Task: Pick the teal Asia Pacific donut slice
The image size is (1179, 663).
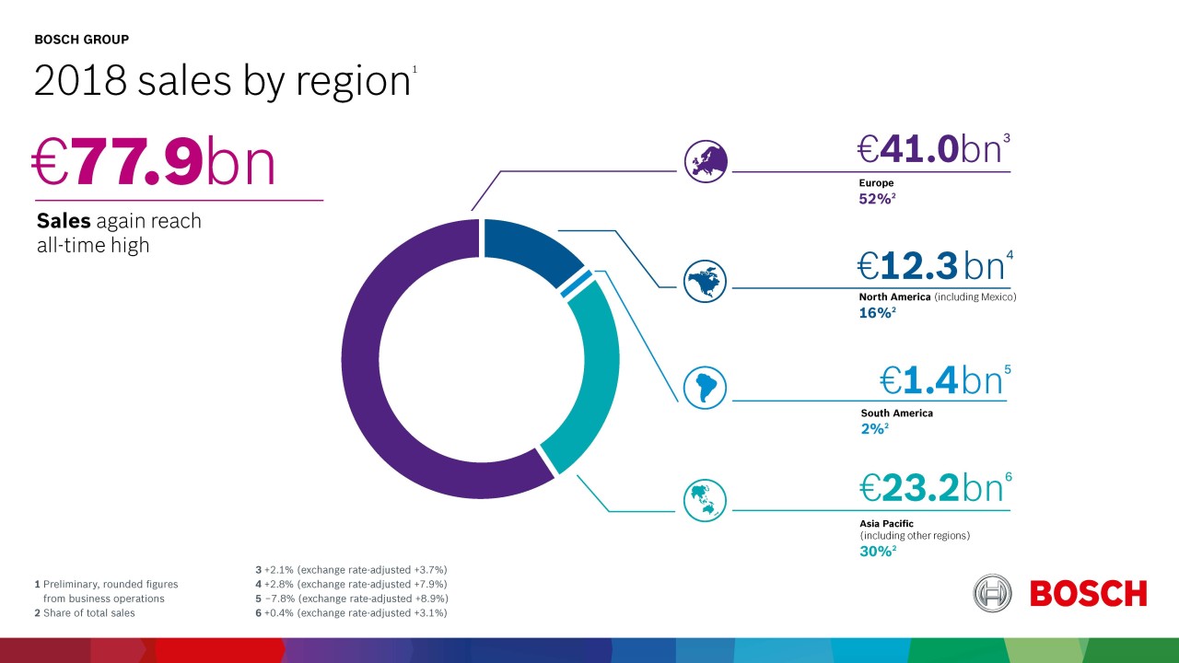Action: pyautogui.click(x=589, y=378)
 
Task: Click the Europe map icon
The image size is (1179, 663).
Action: pyautogui.click(x=706, y=162)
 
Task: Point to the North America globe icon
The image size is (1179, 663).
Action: pyautogui.click(x=706, y=280)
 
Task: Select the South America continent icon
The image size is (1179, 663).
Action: pyautogui.click(x=706, y=387)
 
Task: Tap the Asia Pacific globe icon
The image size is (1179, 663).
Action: pyautogui.click(x=706, y=498)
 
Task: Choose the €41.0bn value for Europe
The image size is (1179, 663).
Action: pyautogui.click(x=930, y=149)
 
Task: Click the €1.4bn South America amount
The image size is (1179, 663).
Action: pyautogui.click(x=941, y=379)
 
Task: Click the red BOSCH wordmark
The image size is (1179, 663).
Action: pyautogui.click(x=1088, y=594)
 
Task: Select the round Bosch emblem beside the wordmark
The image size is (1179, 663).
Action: pyautogui.click(x=992, y=593)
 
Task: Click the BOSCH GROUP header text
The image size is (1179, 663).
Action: pyautogui.click(x=81, y=40)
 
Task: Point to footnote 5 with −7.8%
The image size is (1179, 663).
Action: pyautogui.click(x=351, y=599)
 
